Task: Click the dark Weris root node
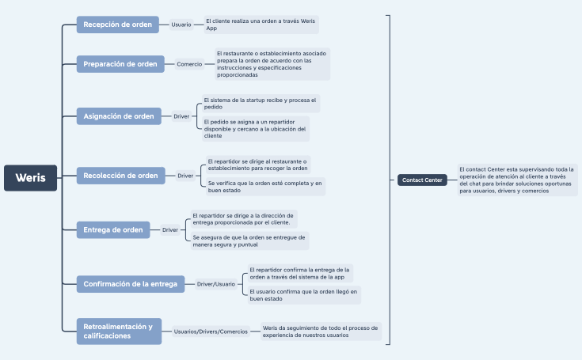(30, 178)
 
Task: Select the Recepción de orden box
(117, 25)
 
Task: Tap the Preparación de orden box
(120, 64)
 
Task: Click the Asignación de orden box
(119, 116)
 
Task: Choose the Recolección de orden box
(120, 176)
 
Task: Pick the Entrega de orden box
(112, 230)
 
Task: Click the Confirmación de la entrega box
(131, 283)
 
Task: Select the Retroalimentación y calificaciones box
(119, 331)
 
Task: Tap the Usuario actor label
(181, 25)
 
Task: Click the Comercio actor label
(189, 64)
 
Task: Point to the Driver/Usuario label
(216, 283)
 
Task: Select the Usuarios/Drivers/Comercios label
(211, 332)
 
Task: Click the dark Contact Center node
(422, 180)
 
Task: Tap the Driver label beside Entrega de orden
(170, 230)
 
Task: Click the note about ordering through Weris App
(261, 25)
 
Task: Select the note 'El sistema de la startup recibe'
(260, 103)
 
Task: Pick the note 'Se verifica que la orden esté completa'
(264, 186)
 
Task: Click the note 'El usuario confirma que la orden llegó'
(303, 295)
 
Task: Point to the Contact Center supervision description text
(518, 180)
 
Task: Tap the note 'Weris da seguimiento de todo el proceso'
(320, 331)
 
